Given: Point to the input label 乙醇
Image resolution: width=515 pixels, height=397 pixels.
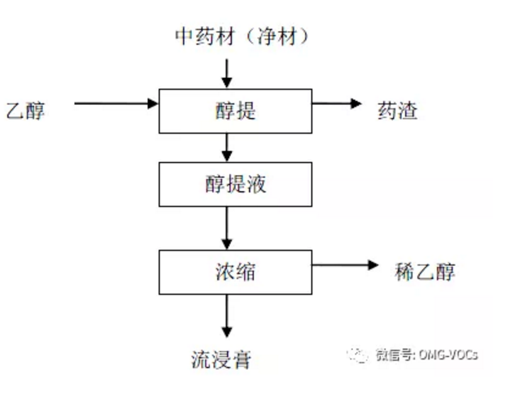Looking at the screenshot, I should coord(25,110).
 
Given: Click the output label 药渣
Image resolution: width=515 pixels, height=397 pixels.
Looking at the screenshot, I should coord(398,110).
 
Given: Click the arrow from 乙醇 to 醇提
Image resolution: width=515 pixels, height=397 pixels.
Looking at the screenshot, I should coord(115,103).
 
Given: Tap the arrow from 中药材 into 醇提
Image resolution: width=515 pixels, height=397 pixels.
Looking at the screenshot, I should coord(227,72).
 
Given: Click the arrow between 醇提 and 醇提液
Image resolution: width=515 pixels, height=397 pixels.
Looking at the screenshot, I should coord(227,146).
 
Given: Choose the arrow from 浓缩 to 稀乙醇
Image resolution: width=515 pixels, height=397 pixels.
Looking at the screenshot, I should coord(342,265).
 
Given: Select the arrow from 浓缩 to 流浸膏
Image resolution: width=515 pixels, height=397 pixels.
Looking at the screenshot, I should coord(227,314).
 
